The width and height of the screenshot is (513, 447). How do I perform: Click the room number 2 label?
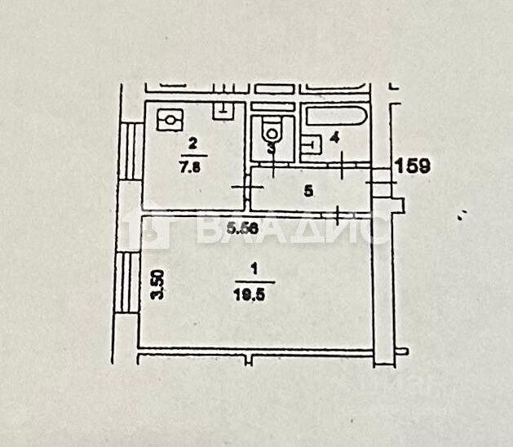(192, 144)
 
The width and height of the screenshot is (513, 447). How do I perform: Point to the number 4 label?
(334, 137)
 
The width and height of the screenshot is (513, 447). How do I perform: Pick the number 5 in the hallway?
(307, 192)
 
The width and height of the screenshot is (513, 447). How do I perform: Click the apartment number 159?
(412, 166)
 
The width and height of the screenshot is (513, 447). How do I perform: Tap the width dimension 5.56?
(243, 229)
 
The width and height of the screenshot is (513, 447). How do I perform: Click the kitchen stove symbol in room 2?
(170, 121)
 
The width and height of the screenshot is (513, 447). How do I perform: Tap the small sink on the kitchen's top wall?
(222, 108)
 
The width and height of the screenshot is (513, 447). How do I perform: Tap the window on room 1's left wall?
(126, 282)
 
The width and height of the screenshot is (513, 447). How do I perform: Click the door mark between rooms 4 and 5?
(343, 166)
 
